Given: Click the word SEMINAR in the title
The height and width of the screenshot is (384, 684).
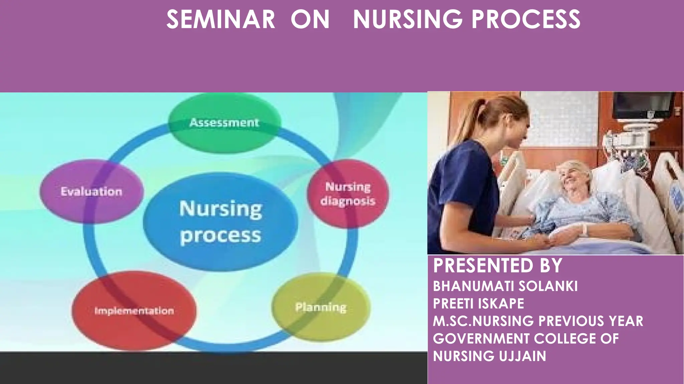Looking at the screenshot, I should [x=221, y=19].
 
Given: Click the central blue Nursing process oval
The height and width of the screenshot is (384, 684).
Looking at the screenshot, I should [x=220, y=222].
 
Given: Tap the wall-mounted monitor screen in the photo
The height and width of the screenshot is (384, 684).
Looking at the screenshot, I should [x=643, y=105].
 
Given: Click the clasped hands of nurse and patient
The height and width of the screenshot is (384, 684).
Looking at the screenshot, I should [x=554, y=238].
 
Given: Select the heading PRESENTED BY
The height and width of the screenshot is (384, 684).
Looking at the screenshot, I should [x=498, y=266].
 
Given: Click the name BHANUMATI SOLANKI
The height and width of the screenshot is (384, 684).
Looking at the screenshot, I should [x=505, y=286].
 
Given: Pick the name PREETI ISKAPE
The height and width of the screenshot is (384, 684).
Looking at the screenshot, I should [x=478, y=304].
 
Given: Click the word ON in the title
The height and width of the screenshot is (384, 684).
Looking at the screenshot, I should [x=310, y=19].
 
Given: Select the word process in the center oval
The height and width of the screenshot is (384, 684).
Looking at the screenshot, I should [x=220, y=235].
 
